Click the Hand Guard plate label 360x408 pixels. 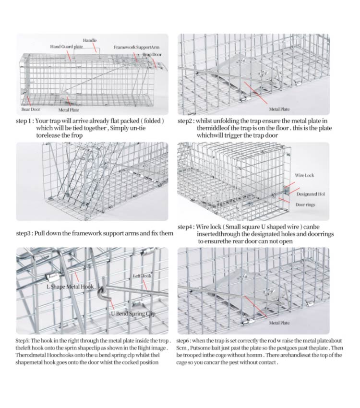(x=65, y=47)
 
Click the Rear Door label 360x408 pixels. (x=31, y=109)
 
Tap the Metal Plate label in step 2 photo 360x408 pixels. (x=279, y=109)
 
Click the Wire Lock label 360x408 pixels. (x=304, y=176)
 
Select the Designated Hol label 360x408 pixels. (x=313, y=194)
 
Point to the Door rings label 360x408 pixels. (x=305, y=205)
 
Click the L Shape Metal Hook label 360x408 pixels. (x=70, y=287)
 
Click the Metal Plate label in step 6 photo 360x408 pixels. (x=279, y=324)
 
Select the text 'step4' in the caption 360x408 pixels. (x=186, y=226)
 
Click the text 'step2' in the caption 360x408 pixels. (x=186, y=121)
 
